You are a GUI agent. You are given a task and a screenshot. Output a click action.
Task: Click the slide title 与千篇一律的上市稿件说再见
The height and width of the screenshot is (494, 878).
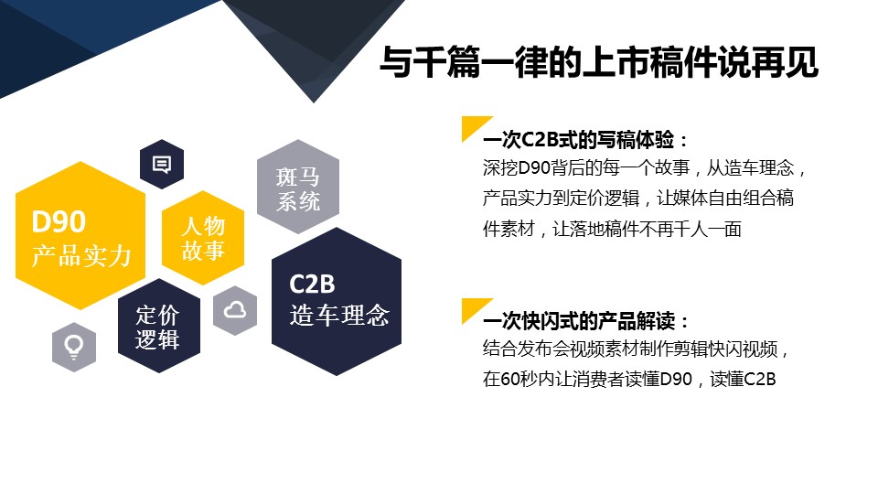pyautogui.click(x=598, y=61)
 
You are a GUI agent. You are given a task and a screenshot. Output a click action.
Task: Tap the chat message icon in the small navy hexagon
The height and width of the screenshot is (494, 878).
pyautogui.click(x=162, y=164)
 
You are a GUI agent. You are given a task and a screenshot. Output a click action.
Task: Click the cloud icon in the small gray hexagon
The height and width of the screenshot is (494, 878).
pyautogui.click(x=235, y=310)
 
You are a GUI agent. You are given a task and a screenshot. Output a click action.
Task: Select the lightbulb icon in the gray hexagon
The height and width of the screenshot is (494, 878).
pyautogui.click(x=74, y=348)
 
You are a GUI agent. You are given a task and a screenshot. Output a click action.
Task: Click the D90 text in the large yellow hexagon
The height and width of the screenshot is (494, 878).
pyautogui.click(x=59, y=221)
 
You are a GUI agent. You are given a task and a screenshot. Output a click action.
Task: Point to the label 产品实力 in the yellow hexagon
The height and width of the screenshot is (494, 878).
pyautogui.click(x=81, y=256)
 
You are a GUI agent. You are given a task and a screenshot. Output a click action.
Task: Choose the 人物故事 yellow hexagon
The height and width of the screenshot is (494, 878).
pyautogui.click(x=203, y=238)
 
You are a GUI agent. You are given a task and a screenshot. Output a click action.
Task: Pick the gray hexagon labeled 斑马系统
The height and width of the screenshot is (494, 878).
pyautogui.click(x=298, y=187)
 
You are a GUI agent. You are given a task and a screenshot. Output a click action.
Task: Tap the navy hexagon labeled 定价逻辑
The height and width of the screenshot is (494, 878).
pyautogui.click(x=159, y=326)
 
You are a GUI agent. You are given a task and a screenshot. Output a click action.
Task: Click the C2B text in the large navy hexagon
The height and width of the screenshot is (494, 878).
pyautogui.click(x=312, y=284)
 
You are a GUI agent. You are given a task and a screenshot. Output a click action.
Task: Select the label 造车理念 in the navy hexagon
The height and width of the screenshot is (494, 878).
pyautogui.click(x=339, y=315)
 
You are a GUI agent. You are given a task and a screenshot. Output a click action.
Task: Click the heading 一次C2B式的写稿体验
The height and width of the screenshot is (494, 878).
pyautogui.click(x=585, y=140)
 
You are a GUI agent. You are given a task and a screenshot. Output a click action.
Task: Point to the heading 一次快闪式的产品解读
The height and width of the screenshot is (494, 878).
pyautogui.click(x=585, y=321)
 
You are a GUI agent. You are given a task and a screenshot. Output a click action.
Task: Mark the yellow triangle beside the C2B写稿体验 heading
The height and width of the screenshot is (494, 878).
pyautogui.click(x=473, y=126)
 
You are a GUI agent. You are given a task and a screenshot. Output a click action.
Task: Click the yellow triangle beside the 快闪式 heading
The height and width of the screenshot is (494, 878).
pyautogui.click(x=473, y=308)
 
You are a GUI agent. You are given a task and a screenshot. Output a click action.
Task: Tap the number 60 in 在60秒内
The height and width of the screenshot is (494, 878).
pyautogui.click(x=509, y=379)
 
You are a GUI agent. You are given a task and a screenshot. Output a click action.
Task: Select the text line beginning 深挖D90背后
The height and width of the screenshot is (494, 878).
pyautogui.click(x=644, y=168)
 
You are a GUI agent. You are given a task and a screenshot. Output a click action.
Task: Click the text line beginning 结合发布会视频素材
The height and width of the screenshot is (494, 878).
pyautogui.click(x=636, y=349)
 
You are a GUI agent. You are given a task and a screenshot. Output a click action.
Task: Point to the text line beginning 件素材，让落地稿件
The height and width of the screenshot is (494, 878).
pyautogui.click(x=612, y=229)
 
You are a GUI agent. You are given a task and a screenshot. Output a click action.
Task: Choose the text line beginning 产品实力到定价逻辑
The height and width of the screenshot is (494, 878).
pyautogui.click(x=638, y=199)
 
